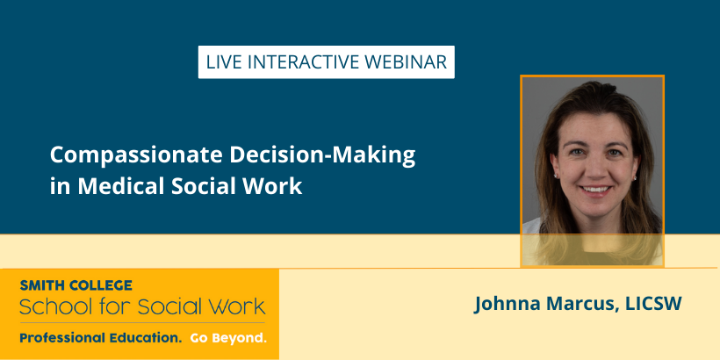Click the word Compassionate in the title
137,156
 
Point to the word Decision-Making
322,156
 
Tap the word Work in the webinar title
274,186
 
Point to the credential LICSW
654,304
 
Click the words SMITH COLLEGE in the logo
76,285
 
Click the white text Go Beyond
228,339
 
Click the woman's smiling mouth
596,189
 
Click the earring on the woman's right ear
555,176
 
